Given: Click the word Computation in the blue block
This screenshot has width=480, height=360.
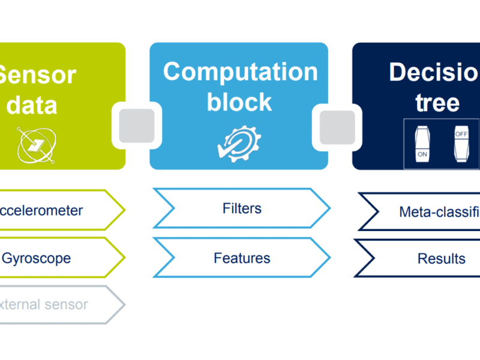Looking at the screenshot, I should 240,72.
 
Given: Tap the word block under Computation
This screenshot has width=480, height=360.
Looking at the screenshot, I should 240,101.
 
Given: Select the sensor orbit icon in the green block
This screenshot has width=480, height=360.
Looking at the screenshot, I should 35,145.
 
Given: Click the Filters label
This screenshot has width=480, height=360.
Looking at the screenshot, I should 242,209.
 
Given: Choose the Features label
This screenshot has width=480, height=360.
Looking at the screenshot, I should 242,258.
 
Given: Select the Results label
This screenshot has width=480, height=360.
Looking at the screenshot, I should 441,259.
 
